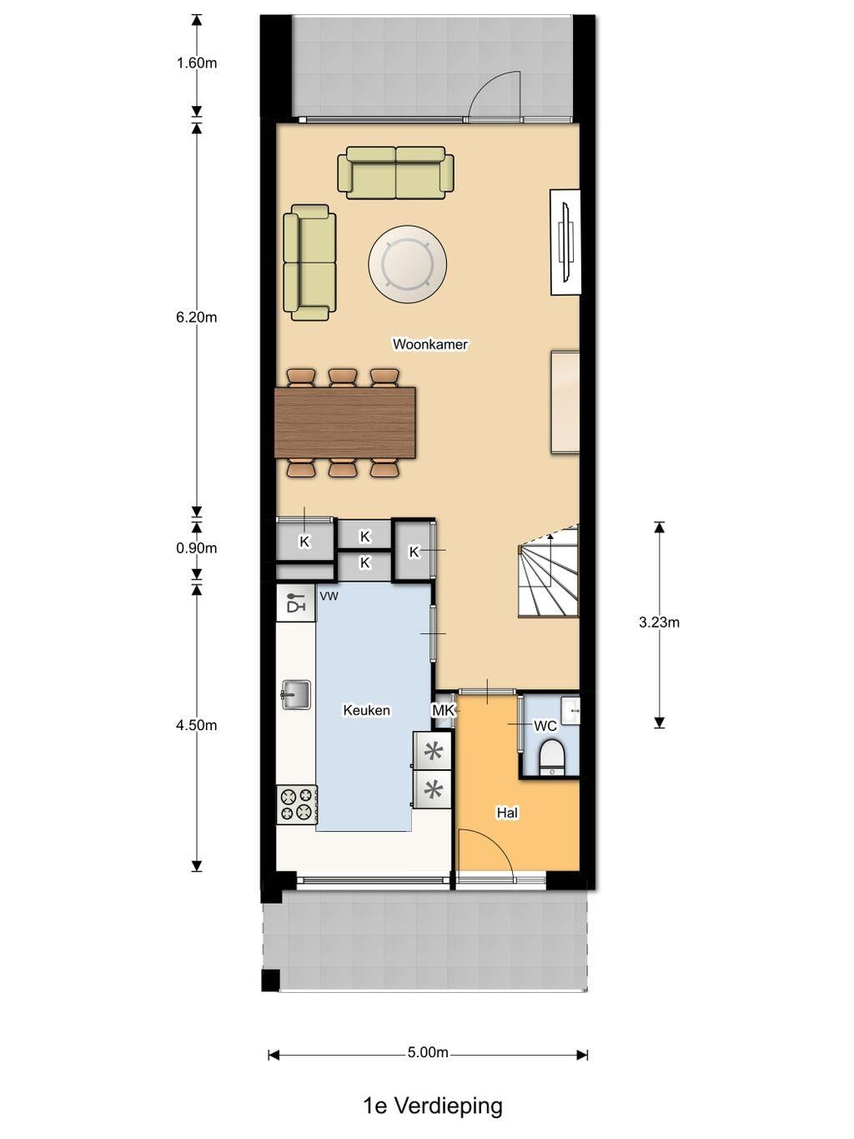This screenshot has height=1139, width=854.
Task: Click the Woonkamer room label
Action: [x=430, y=344]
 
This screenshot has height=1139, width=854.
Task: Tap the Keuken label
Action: [x=367, y=710]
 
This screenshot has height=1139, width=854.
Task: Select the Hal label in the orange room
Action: [x=507, y=813]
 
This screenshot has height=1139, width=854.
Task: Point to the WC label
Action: [x=545, y=726]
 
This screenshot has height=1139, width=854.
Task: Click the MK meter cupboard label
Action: [x=444, y=710]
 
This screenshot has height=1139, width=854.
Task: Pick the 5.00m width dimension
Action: [x=428, y=1052]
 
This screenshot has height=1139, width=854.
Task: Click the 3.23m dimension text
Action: [x=659, y=622]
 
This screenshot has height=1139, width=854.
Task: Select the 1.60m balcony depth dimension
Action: [x=197, y=63]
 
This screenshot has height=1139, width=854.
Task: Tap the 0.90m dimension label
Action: [x=197, y=548]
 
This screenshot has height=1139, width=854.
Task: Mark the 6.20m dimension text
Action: [x=197, y=317]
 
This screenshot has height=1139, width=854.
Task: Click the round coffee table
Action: [x=407, y=263]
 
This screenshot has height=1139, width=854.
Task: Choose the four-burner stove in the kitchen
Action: [x=297, y=805]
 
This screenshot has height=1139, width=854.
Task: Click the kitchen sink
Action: [x=296, y=694]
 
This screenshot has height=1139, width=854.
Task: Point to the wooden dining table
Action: [x=345, y=422]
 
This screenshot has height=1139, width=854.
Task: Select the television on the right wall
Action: [x=565, y=243]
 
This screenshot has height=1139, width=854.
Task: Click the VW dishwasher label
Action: [x=329, y=597]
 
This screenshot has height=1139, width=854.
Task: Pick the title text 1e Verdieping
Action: [x=433, y=1106]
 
